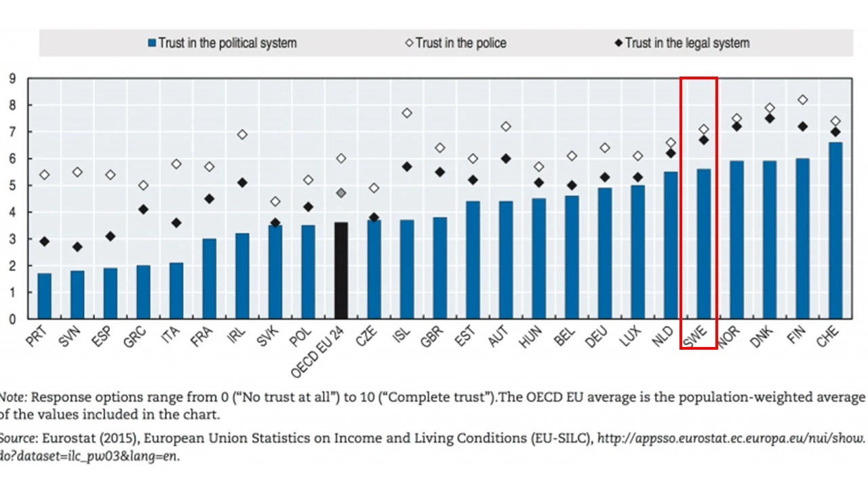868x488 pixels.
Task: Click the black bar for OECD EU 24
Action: [x=341, y=270]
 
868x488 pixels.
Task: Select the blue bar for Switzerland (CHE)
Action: [x=836, y=230]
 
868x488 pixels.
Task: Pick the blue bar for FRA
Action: [x=210, y=279]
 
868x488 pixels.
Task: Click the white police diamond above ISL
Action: [x=407, y=113]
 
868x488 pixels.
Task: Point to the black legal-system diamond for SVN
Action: [x=77, y=247]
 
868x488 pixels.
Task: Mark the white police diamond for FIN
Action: [x=803, y=100]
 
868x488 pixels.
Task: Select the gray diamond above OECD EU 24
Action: [x=341, y=193]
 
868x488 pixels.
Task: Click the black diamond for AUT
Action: [x=506, y=159]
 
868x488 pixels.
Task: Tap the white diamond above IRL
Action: [x=242, y=135]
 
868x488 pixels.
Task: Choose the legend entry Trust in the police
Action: [x=460, y=43]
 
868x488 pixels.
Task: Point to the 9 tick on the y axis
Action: [x=12, y=79]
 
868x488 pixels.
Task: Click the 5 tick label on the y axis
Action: [x=12, y=186]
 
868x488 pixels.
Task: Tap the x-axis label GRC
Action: [x=134, y=336]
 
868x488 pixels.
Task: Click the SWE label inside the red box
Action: [x=694, y=336]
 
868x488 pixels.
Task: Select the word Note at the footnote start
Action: [x=12, y=397]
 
